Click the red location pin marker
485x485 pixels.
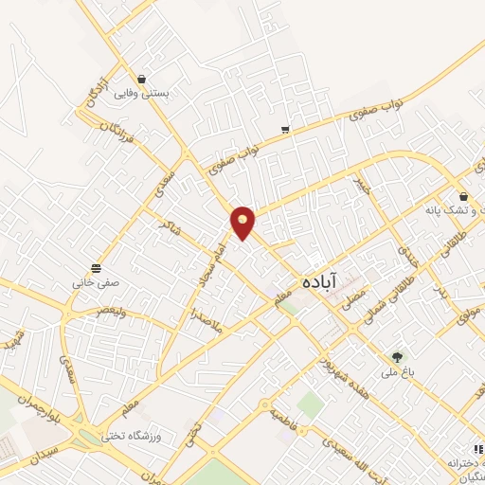tap(243, 223)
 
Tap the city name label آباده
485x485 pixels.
tap(318, 281)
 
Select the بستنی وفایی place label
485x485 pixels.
tap(141, 94)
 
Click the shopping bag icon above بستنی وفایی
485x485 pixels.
tap(141, 79)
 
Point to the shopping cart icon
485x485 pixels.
tap(285, 129)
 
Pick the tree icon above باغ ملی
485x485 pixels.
tap(398, 357)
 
